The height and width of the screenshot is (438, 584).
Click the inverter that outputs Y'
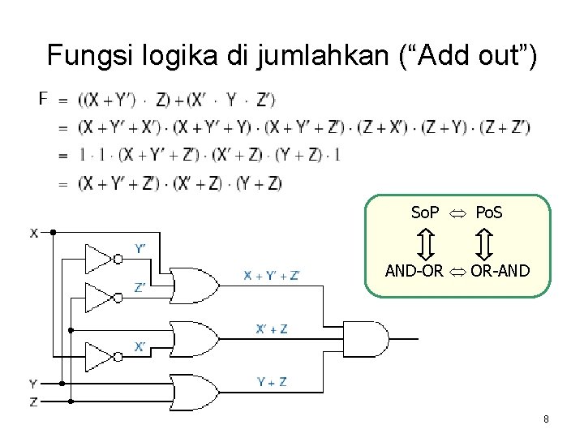point(101,258)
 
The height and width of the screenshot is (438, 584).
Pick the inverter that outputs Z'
point(101,297)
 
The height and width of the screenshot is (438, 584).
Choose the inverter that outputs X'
point(101,355)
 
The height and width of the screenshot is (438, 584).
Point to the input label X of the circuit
point(35,233)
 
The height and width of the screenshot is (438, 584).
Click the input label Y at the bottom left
point(33,383)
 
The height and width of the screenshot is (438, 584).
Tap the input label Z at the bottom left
point(33,401)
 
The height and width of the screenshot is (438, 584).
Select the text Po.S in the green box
point(488,213)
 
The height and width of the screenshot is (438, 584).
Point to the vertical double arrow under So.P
point(426,243)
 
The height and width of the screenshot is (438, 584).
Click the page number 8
point(547,419)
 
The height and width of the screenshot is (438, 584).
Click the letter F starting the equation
point(44,99)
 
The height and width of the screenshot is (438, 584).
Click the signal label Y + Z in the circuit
point(272,381)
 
